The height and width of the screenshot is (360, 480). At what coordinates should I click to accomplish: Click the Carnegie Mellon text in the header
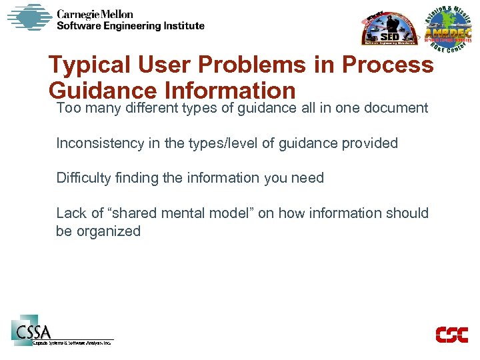pos(95,14)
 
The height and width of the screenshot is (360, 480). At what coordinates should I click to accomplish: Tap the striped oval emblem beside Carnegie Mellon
pos(29,17)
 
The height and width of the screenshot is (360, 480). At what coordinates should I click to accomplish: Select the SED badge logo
pos(389,29)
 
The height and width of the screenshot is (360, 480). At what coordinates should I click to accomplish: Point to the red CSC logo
pos(451,334)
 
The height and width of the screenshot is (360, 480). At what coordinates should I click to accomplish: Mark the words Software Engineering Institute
pos(130,26)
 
